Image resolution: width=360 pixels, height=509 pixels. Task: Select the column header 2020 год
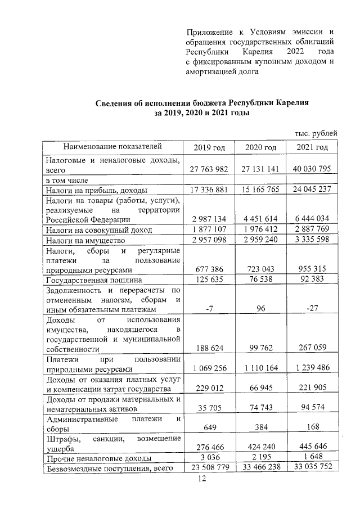[x=260, y=147]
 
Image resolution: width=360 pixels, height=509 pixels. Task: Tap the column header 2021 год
[x=311, y=147]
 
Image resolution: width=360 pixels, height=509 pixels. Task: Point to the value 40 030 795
[x=311, y=169]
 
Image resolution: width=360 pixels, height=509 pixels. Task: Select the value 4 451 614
[x=260, y=219]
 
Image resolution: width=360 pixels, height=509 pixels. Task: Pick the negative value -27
[x=311, y=309]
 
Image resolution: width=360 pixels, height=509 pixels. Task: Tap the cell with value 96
[x=260, y=309]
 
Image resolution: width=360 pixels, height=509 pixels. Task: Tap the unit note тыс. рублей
[x=316, y=133]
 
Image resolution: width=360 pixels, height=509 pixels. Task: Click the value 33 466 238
[x=260, y=469]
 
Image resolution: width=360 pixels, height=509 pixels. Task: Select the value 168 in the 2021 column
[x=311, y=427]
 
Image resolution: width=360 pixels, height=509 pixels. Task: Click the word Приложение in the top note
[x=209, y=31]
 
